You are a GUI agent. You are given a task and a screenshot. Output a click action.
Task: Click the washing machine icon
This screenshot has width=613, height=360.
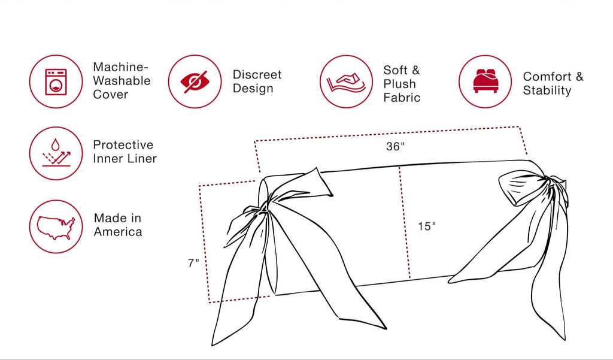click(x=56, y=82)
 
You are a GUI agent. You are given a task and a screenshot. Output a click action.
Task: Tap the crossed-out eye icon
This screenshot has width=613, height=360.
click(x=195, y=82)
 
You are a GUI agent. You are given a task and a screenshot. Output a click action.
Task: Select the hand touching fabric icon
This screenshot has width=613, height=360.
click(x=346, y=83)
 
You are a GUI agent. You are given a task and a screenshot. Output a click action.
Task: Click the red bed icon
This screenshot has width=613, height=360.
click(x=485, y=81)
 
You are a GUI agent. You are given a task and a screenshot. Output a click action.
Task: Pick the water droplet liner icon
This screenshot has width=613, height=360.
click(x=56, y=153)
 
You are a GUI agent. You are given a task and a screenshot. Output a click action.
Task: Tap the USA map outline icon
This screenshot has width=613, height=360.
click(x=56, y=228)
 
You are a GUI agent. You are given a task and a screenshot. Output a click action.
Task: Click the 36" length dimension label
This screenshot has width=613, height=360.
click(x=395, y=146)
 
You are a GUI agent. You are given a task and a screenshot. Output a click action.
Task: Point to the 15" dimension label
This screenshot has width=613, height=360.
click(x=426, y=226)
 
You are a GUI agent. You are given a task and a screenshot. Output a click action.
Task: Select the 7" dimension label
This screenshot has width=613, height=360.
click(x=193, y=263)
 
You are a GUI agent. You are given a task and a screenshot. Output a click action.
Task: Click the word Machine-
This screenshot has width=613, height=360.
click(x=121, y=67)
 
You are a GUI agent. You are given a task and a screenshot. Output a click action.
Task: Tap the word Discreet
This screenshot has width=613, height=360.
click(x=257, y=74)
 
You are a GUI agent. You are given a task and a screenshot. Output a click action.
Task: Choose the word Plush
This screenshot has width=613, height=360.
click(x=399, y=84)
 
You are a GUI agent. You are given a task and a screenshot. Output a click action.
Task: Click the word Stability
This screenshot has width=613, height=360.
click(x=547, y=90)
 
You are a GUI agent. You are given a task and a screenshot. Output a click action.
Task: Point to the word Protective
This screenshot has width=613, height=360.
click(x=123, y=145)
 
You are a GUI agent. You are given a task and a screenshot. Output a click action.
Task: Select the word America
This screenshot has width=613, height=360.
click(x=118, y=232)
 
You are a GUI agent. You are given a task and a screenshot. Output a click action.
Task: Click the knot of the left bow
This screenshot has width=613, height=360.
click(x=263, y=207)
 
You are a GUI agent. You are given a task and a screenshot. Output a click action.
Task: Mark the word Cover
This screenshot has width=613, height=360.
click(x=110, y=94)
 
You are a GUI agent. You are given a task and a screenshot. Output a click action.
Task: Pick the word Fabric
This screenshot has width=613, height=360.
click(x=402, y=98)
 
